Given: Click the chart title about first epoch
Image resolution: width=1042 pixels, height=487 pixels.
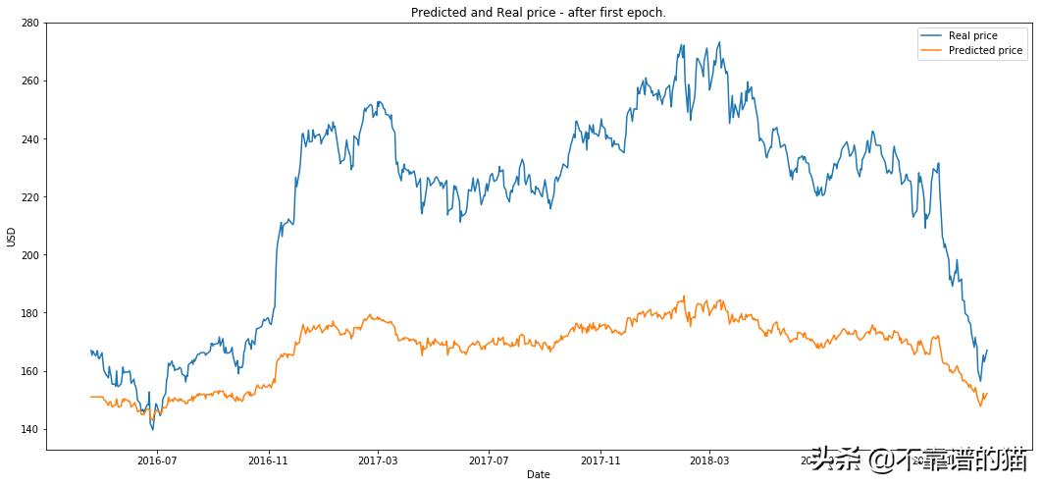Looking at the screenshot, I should pyautogui.click(x=538, y=12).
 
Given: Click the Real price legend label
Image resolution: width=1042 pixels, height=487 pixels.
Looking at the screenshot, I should pyautogui.click(x=972, y=35).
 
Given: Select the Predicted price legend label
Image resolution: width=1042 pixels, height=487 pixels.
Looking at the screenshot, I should pyautogui.click(x=985, y=50).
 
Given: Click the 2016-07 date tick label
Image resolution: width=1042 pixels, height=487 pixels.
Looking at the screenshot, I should pyautogui.click(x=157, y=460).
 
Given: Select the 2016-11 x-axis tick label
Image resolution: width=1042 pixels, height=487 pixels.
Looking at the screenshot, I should pyautogui.click(x=268, y=460).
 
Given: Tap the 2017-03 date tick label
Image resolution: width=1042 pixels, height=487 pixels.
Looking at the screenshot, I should pyautogui.click(x=378, y=460).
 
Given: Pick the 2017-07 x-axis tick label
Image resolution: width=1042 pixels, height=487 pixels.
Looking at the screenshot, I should pyautogui.click(x=489, y=460).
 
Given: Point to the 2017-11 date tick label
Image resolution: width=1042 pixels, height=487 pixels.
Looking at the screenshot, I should pyautogui.click(x=599, y=460).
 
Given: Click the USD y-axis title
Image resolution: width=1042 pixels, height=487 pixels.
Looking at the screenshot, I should pyautogui.click(x=11, y=237).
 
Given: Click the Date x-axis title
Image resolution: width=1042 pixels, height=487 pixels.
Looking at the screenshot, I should pyautogui.click(x=538, y=475).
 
